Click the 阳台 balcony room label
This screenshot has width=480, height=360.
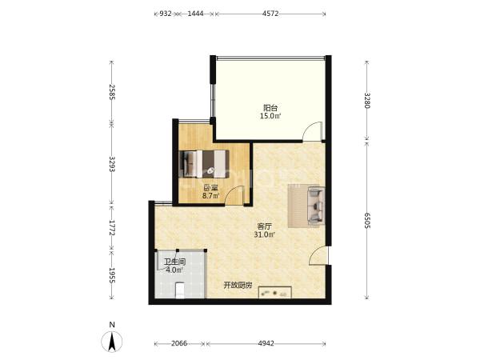(270, 108)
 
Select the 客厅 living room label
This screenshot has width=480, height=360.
(265, 226)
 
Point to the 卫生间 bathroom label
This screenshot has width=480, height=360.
(174, 262)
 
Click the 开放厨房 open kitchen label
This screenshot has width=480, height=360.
(238, 286)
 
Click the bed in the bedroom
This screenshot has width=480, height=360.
(204, 164)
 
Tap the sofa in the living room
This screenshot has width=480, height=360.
(316, 205)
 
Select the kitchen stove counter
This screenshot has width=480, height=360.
(275, 292)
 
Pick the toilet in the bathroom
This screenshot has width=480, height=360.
(179, 290)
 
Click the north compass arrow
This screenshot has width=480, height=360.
(112, 342)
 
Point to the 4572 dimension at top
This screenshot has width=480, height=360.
(270, 14)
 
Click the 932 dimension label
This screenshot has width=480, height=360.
(166, 14)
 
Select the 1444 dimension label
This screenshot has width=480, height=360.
(195, 14)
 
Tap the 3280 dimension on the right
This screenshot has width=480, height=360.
(367, 100)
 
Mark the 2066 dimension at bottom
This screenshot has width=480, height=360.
(179, 343)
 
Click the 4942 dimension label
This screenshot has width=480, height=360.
(266, 343)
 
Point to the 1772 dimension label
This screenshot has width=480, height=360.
(112, 228)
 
